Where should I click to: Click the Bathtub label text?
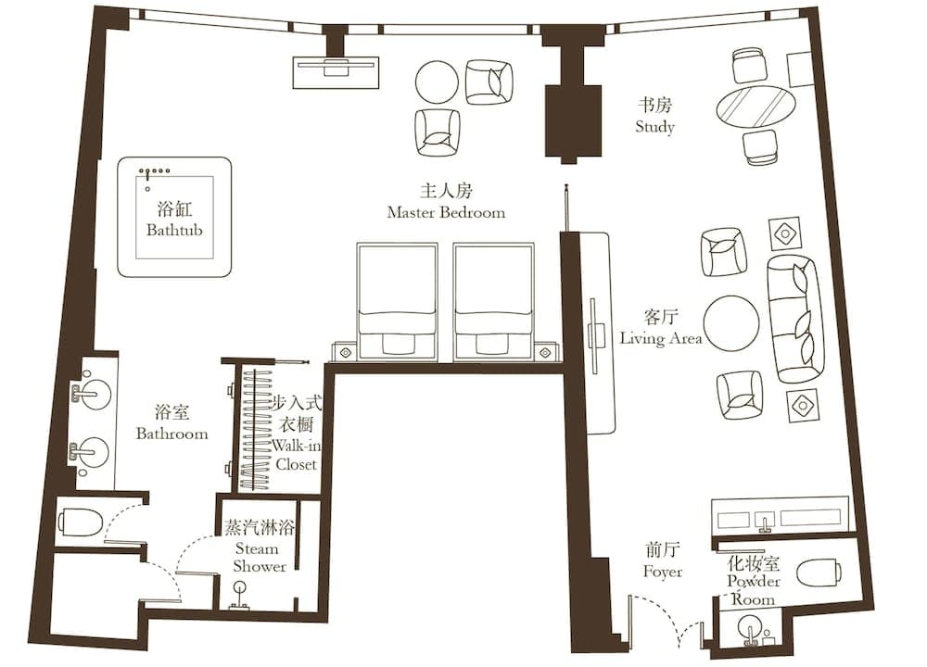coord(174,229)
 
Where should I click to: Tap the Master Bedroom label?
coord(446,212)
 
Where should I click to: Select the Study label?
coord(654,127)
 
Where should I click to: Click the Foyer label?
coord(663,572)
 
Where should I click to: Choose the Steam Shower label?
coord(260,558)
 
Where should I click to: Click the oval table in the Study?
coord(756,108)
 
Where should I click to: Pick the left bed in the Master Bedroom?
coord(397,301)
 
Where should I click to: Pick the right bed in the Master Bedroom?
coord(493,301)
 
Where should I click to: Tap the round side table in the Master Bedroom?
coord(437,82)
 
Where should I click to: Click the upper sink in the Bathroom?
coord(91,394)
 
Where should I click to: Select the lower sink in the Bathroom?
coord(91,453)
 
